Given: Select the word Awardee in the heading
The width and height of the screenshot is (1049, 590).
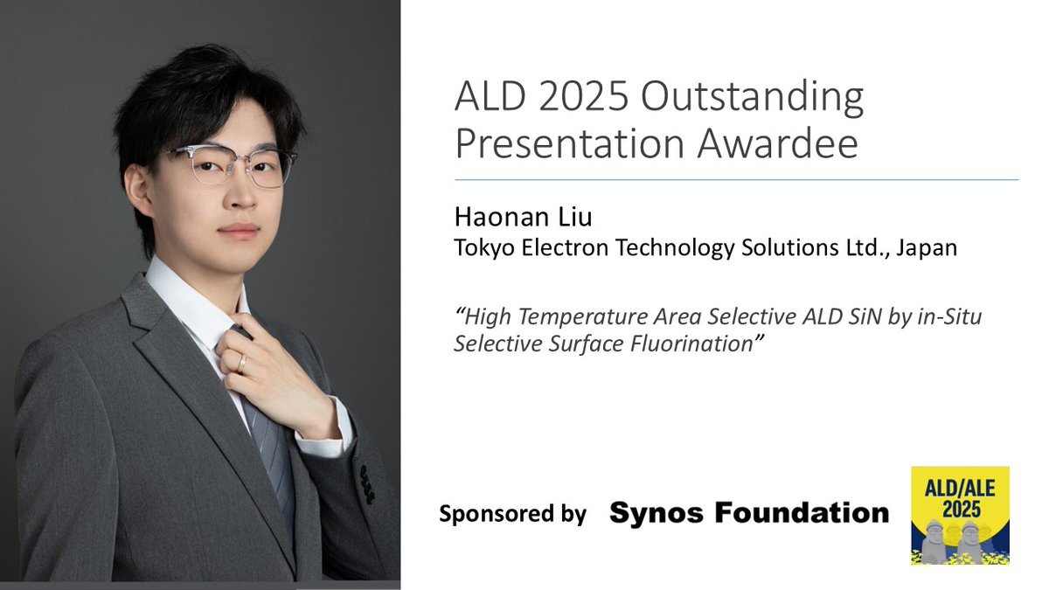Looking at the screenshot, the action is pos(777,142).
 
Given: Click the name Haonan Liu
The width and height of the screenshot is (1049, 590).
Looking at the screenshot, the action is pos(523,217).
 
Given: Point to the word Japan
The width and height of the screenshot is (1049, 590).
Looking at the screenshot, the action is pos(927,248).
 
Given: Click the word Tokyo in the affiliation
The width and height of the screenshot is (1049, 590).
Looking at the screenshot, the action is pos(484,248).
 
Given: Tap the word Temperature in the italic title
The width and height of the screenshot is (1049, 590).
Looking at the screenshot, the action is pos(582,317).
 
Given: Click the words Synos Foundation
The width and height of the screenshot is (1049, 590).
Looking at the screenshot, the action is pos(749,512).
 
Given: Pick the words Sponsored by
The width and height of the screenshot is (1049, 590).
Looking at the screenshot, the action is pos(512,514).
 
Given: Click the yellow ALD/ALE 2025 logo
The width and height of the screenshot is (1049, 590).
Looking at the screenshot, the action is pos(960,516).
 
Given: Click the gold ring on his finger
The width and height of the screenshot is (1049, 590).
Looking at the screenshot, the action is pos(241,364).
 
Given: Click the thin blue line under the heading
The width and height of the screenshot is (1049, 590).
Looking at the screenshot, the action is pos(737,179).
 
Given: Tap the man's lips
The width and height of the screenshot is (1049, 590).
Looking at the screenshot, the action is pos(239,231).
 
